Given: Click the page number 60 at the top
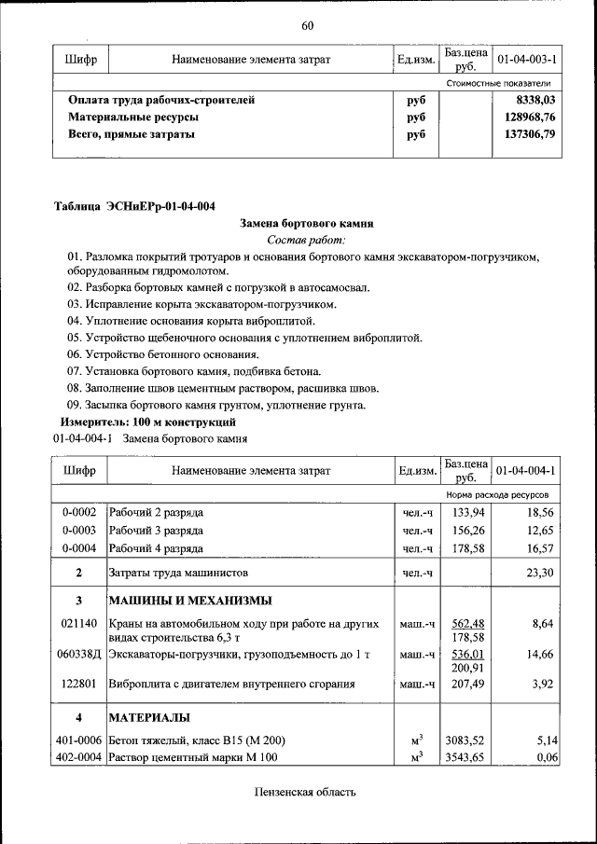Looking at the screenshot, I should tap(307, 24).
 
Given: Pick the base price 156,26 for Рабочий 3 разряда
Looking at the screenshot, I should tap(466, 531).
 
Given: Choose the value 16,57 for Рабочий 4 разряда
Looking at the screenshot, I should tap(540, 548).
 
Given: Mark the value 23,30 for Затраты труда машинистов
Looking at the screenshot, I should tap(540, 572).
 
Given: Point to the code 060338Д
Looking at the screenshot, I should tap(79, 655).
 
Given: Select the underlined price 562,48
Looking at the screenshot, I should tap(466, 624).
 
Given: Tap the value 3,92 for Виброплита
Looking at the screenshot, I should tap(543, 684).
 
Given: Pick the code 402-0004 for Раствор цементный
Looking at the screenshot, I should tap(79, 757).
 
